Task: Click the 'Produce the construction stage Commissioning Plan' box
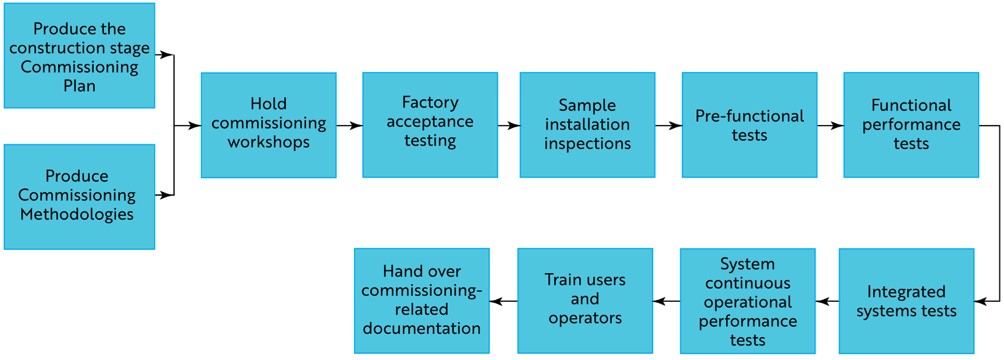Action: click(x=80, y=55)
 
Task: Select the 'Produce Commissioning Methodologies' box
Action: click(x=80, y=196)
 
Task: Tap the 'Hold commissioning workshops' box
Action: click(x=268, y=124)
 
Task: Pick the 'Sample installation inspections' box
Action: click(x=587, y=124)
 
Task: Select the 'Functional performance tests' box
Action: click(x=910, y=124)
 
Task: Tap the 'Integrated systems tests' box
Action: click(x=906, y=300)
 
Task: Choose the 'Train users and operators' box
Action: click(x=584, y=300)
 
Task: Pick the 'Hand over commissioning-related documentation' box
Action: click(x=422, y=300)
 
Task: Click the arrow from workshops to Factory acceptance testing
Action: click(x=349, y=126)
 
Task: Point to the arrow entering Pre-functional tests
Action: click(x=668, y=126)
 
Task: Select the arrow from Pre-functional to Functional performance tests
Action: click(x=829, y=126)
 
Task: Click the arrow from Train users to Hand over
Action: click(x=503, y=300)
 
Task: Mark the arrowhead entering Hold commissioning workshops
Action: click(x=194, y=126)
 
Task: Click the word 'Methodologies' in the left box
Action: click(x=80, y=213)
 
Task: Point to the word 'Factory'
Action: click(x=430, y=103)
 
